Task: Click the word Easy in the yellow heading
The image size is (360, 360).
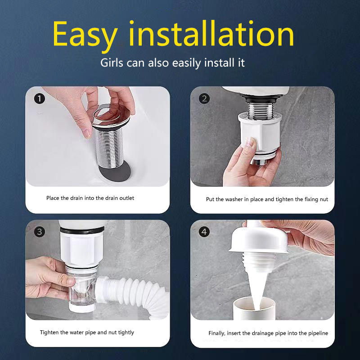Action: (x=85, y=35)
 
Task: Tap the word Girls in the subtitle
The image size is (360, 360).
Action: (x=112, y=63)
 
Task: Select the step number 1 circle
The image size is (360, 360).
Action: (x=40, y=99)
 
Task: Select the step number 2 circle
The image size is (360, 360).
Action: (x=204, y=99)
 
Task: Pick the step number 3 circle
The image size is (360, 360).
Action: (x=40, y=231)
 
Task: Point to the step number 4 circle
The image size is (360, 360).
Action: (x=204, y=231)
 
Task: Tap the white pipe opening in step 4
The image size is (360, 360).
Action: (x=254, y=308)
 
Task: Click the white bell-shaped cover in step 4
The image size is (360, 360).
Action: (x=259, y=241)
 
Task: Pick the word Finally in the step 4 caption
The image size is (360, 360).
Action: (x=216, y=333)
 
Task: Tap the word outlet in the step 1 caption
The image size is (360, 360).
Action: (x=127, y=198)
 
